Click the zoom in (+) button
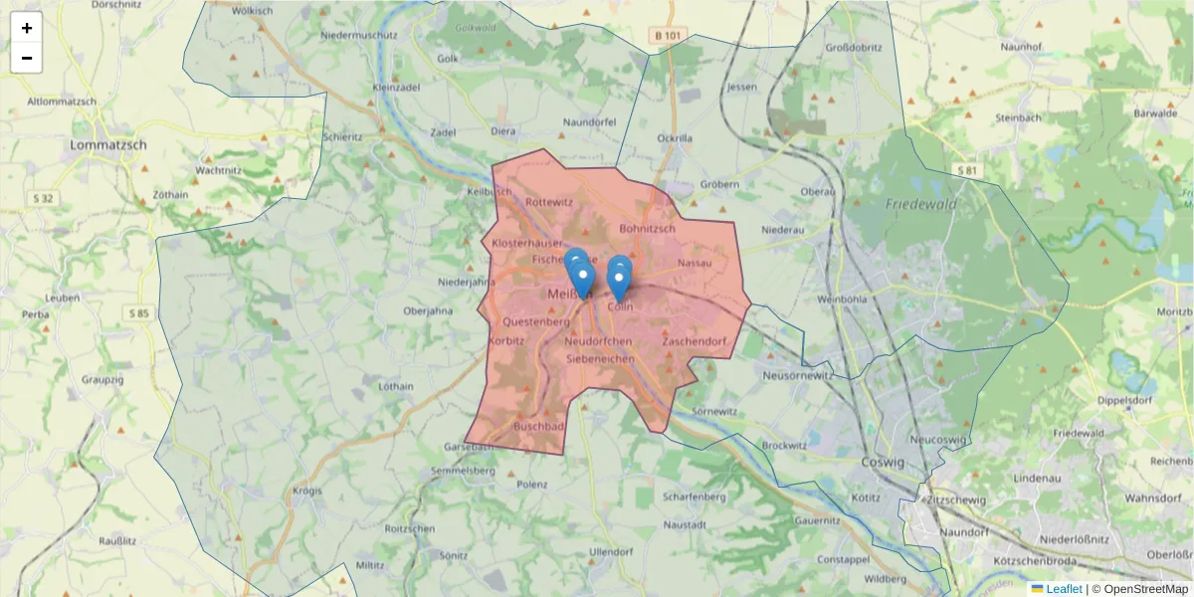(x=27, y=28)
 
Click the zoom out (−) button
(x=27, y=58)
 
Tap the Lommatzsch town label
(x=108, y=144)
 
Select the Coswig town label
(x=883, y=463)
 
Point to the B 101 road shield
(x=670, y=36)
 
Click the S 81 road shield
(x=967, y=170)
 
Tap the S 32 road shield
(x=46, y=198)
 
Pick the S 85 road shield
(x=138, y=313)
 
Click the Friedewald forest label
(x=920, y=204)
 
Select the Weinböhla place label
(x=842, y=298)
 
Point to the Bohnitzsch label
(x=647, y=228)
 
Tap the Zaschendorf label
(x=695, y=341)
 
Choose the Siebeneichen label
(x=599, y=357)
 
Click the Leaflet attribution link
(x=1064, y=589)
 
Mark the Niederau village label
(x=782, y=229)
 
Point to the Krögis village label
(x=308, y=491)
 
